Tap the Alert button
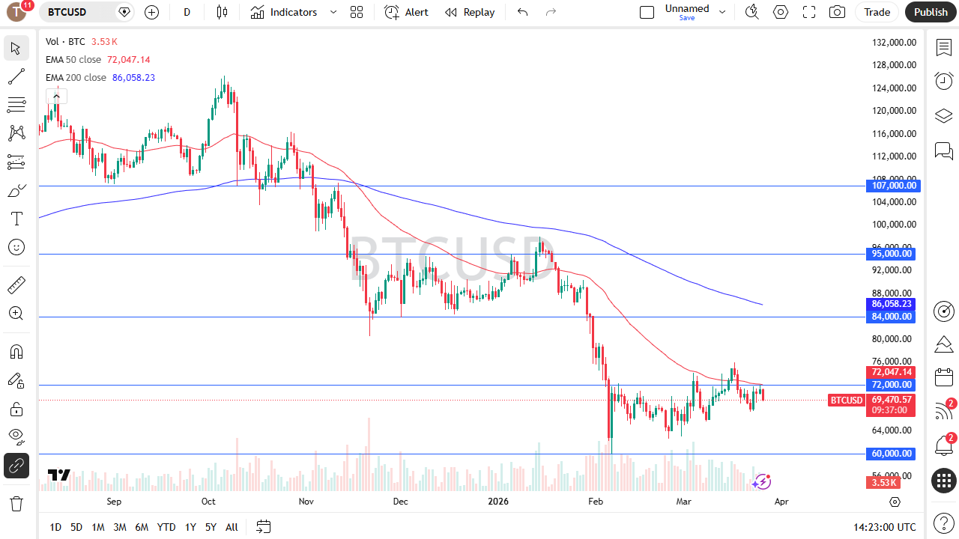click(x=407, y=12)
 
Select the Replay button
click(x=470, y=12)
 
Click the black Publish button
click(x=931, y=12)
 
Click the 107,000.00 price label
click(x=893, y=186)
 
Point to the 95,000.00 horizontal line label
click(x=893, y=254)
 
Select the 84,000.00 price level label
click(x=893, y=317)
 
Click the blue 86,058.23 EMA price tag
click(x=893, y=304)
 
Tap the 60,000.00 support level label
click(x=893, y=454)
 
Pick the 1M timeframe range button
click(x=97, y=527)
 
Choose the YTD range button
click(x=166, y=527)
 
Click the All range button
click(x=232, y=527)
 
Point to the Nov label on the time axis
click(x=306, y=502)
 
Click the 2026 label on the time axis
click(x=498, y=502)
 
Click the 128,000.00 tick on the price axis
click(x=894, y=65)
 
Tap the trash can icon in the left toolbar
click(x=16, y=503)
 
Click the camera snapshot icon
click(x=837, y=12)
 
